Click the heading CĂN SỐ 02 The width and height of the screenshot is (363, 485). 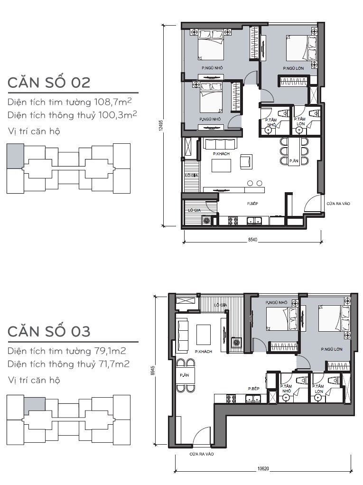point(49,82)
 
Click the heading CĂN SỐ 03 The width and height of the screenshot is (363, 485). point(49,331)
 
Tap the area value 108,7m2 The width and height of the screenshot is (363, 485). point(113,102)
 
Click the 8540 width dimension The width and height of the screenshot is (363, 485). point(252,240)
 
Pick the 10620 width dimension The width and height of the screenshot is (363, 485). point(263,468)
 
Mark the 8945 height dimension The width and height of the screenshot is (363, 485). point(152,371)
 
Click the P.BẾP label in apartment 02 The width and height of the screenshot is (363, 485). point(252,204)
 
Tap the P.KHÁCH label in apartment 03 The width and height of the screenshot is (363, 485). point(204,351)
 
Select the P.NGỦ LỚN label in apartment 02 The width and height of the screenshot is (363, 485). point(293,68)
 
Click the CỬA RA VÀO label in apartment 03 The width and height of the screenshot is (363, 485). point(202,454)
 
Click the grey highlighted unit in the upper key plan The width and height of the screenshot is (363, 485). point(15,156)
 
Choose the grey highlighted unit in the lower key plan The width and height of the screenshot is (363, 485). point(35,404)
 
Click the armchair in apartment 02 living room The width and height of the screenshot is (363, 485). point(246,161)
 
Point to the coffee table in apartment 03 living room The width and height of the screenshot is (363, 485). point(204,335)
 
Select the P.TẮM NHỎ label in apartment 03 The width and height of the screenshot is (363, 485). point(286,389)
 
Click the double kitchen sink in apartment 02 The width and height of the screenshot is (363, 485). point(254,221)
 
